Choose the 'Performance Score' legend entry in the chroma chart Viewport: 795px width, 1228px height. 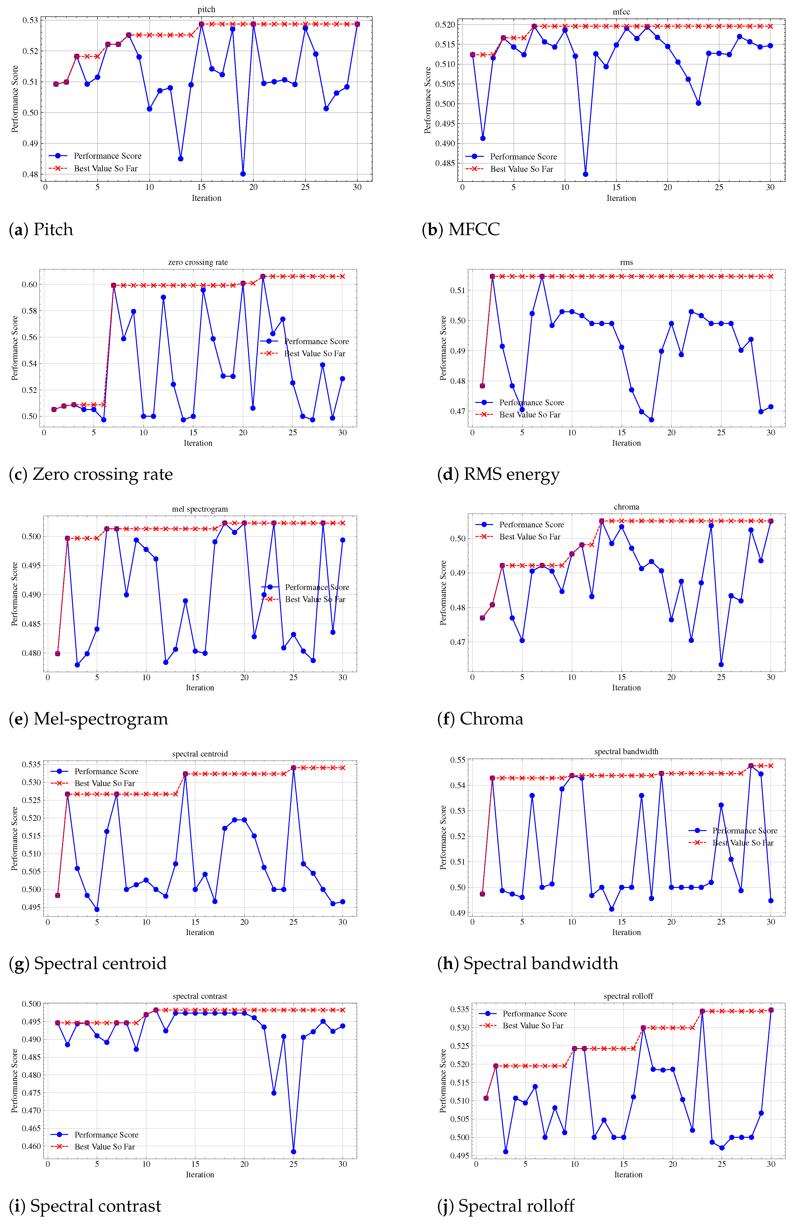[x=531, y=525]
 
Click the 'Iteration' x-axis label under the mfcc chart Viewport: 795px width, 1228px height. [x=621, y=198]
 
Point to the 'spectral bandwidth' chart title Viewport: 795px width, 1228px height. [x=626, y=751]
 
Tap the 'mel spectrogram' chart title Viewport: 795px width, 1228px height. [x=200, y=509]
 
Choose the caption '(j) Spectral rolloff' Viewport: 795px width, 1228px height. [x=505, y=1206]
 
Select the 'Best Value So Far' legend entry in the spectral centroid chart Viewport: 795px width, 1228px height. [x=104, y=783]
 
